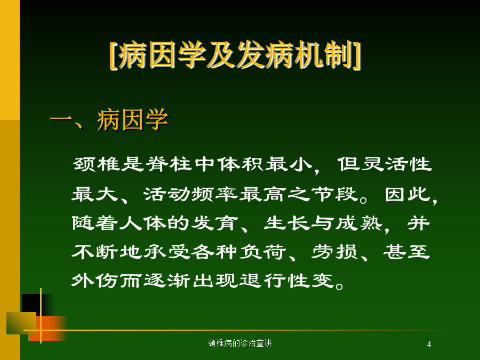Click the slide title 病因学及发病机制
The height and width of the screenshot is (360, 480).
235,54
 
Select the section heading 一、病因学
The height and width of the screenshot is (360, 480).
109,119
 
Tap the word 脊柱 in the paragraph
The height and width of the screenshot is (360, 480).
169,164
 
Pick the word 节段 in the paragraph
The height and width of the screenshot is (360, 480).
334,194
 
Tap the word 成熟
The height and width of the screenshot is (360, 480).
358,222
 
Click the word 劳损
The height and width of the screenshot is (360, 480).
334,252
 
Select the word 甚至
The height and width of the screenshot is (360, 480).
407,252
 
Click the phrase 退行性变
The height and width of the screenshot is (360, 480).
286,280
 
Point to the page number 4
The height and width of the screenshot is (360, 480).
429,344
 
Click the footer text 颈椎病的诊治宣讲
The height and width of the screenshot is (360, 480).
239,343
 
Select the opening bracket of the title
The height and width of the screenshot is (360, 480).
113,55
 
